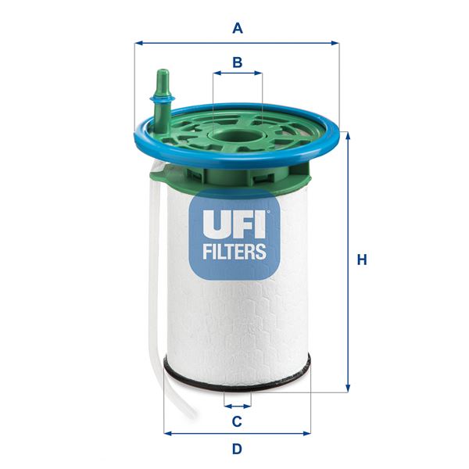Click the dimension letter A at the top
238,28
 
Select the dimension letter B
238,61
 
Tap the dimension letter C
238,421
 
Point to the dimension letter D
238,449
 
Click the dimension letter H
361,260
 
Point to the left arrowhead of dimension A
138,43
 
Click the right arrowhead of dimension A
336,43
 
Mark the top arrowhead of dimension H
347,135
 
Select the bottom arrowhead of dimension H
347,386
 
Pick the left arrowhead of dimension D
167,432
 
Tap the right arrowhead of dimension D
307,432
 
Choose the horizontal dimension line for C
238,406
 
